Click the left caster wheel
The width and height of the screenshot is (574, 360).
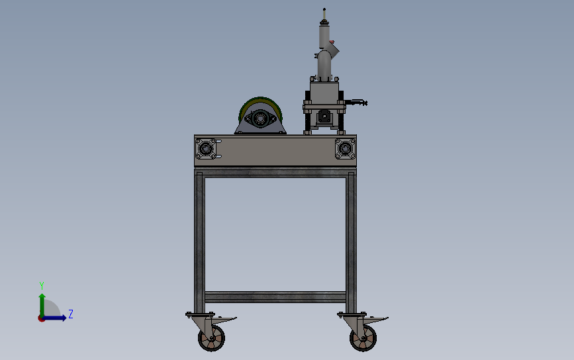pos(211,339)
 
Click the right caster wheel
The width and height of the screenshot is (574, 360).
pos(363,339)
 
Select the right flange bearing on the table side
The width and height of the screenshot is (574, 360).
pos(344,150)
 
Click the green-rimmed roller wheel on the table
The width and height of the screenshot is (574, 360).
pos(261,115)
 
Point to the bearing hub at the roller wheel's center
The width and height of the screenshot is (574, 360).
pos(260,120)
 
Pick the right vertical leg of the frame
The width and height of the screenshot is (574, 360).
pos(351,238)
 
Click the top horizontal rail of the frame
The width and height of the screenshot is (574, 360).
pos(275,173)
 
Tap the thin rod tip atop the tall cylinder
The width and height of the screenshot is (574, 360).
pos(324,11)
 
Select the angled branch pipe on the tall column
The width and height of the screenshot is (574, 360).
pos(333,49)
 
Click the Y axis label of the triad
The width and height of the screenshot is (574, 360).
pos(41,285)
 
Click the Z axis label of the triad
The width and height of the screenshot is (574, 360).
pos(71,314)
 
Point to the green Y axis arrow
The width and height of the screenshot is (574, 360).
pos(41,302)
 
